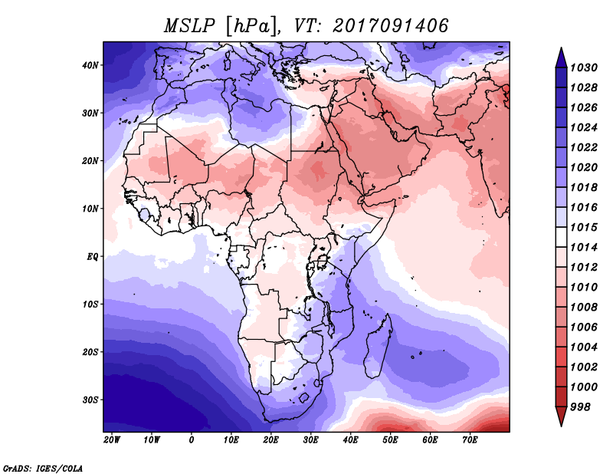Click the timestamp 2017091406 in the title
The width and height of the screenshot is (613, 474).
pos(390,25)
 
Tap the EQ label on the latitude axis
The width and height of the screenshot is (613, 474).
pos(93,256)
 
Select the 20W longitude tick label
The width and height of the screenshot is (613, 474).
pos(112,440)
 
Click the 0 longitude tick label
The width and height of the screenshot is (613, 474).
pos(192,440)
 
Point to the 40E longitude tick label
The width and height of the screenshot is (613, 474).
pos(351,440)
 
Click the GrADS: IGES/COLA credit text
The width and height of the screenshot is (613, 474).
pos(43,467)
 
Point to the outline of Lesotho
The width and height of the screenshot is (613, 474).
pos(304,397)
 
